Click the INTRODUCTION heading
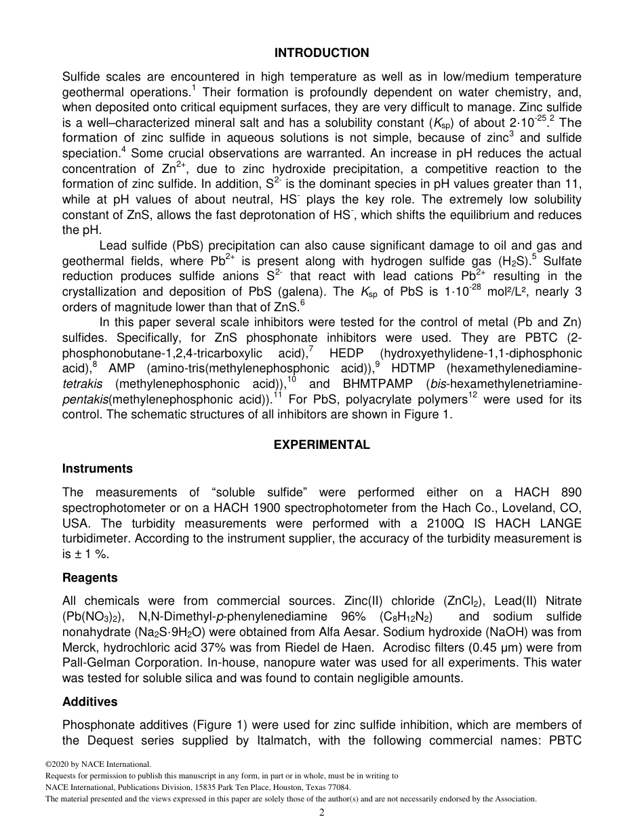tap(321, 53)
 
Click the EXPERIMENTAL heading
tap(321, 445)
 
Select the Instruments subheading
tap(98, 469)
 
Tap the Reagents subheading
tap(90, 578)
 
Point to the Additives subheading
tap(90, 702)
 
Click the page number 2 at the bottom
tap(322, 813)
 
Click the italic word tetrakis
tap(82, 384)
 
